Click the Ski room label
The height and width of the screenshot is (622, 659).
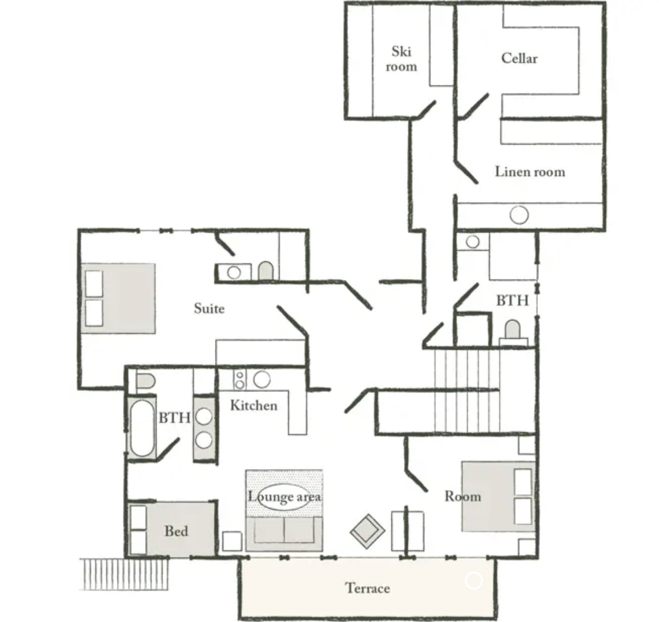(x=401, y=59)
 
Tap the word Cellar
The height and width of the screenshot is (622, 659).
(x=519, y=58)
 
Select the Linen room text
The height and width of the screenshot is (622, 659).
(x=530, y=171)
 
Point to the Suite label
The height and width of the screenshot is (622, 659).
(x=209, y=308)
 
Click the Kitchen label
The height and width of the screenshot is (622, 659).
(x=254, y=405)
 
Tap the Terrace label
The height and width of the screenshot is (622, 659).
(x=368, y=588)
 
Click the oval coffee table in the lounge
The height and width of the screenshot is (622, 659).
(x=284, y=497)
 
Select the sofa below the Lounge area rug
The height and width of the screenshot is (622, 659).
(x=284, y=534)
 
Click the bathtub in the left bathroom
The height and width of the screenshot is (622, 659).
(x=142, y=428)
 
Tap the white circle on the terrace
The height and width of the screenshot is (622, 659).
(x=473, y=580)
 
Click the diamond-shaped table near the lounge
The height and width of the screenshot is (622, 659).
(x=367, y=531)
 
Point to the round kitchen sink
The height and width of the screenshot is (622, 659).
(x=262, y=379)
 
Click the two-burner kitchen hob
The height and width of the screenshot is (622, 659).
(x=240, y=380)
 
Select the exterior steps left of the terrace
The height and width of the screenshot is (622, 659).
(x=124, y=574)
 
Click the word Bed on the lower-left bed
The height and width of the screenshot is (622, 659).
(x=176, y=531)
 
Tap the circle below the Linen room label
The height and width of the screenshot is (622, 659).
(x=519, y=215)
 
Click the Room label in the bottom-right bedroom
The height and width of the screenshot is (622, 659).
(x=463, y=496)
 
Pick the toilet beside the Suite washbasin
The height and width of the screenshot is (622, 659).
(x=265, y=271)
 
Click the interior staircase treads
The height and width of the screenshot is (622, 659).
(x=467, y=391)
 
